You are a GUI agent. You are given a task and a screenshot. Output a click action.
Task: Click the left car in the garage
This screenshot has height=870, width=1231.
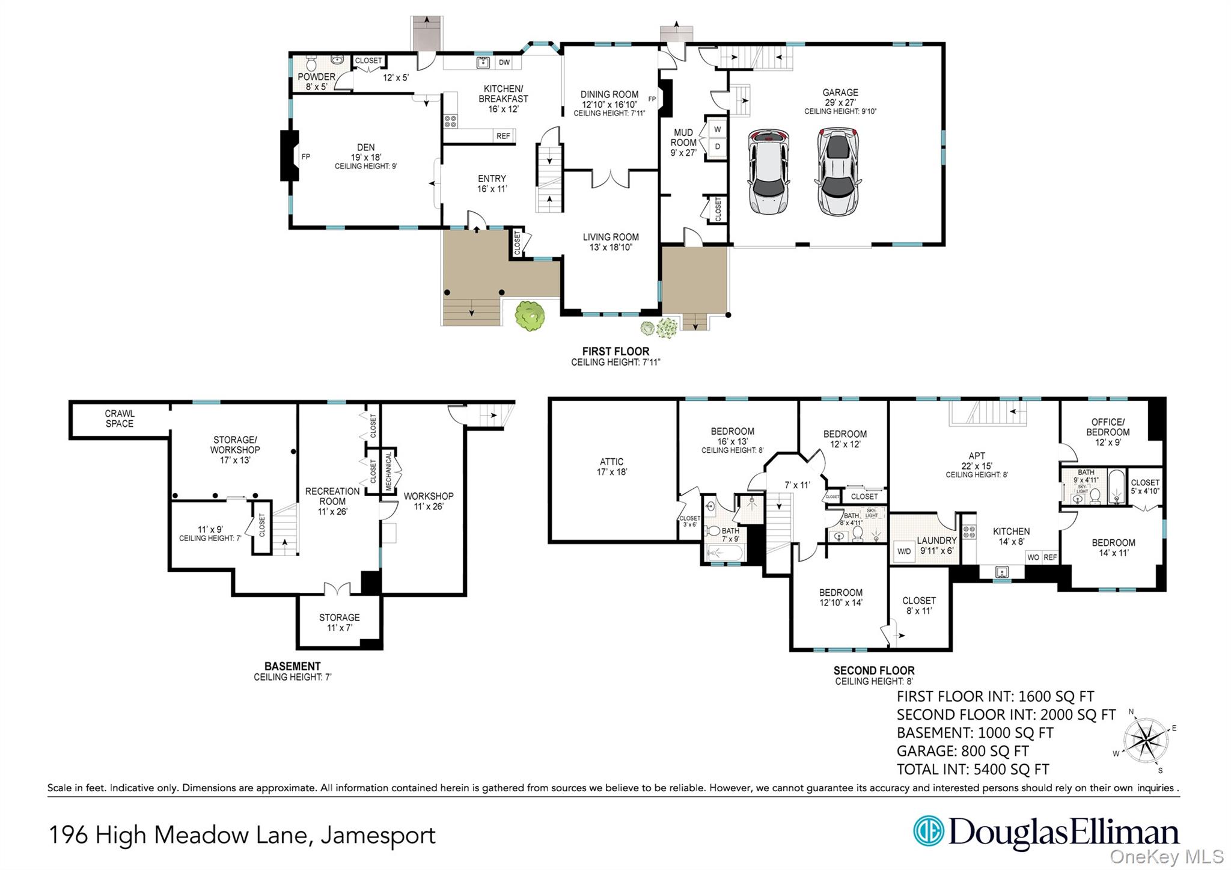point(768,171)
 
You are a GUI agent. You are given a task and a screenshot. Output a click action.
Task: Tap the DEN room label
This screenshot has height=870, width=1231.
point(365,147)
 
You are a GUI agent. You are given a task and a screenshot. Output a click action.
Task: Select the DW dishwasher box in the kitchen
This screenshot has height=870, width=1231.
point(504,63)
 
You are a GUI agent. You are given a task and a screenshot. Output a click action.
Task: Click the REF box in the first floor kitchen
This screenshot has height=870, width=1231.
point(503,136)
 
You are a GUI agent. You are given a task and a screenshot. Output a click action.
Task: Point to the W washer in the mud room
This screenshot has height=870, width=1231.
point(717,129)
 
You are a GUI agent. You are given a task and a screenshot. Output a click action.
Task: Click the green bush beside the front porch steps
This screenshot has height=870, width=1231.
point(530,316)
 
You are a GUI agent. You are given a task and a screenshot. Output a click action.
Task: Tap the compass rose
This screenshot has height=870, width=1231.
point(1146,740)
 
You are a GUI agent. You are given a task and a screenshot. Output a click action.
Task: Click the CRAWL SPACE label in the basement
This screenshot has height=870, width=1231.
point(120,418)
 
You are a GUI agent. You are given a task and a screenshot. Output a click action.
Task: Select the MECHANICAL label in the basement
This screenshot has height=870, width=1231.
point(389,471)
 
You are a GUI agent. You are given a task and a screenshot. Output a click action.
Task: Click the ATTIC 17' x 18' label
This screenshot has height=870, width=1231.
point(611,467)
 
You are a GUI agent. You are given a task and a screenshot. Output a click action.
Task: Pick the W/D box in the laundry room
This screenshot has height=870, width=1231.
point(904,551)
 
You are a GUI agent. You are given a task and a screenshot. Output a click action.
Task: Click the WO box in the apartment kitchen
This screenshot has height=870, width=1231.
point(1033,557)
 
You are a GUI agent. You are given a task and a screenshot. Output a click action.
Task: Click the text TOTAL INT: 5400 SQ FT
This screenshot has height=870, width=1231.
point(973,770)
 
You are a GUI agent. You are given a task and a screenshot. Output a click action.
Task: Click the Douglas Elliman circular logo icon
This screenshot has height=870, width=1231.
point(928,831)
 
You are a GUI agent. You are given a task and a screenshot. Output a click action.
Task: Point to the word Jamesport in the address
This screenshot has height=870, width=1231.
point(377,836)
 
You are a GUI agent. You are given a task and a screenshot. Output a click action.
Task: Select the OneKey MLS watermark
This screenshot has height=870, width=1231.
point(1166,856)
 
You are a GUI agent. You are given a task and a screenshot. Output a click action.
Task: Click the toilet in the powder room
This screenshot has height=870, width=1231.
point(311,63)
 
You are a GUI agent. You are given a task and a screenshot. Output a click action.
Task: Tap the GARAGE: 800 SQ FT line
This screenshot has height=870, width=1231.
point(962,751)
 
